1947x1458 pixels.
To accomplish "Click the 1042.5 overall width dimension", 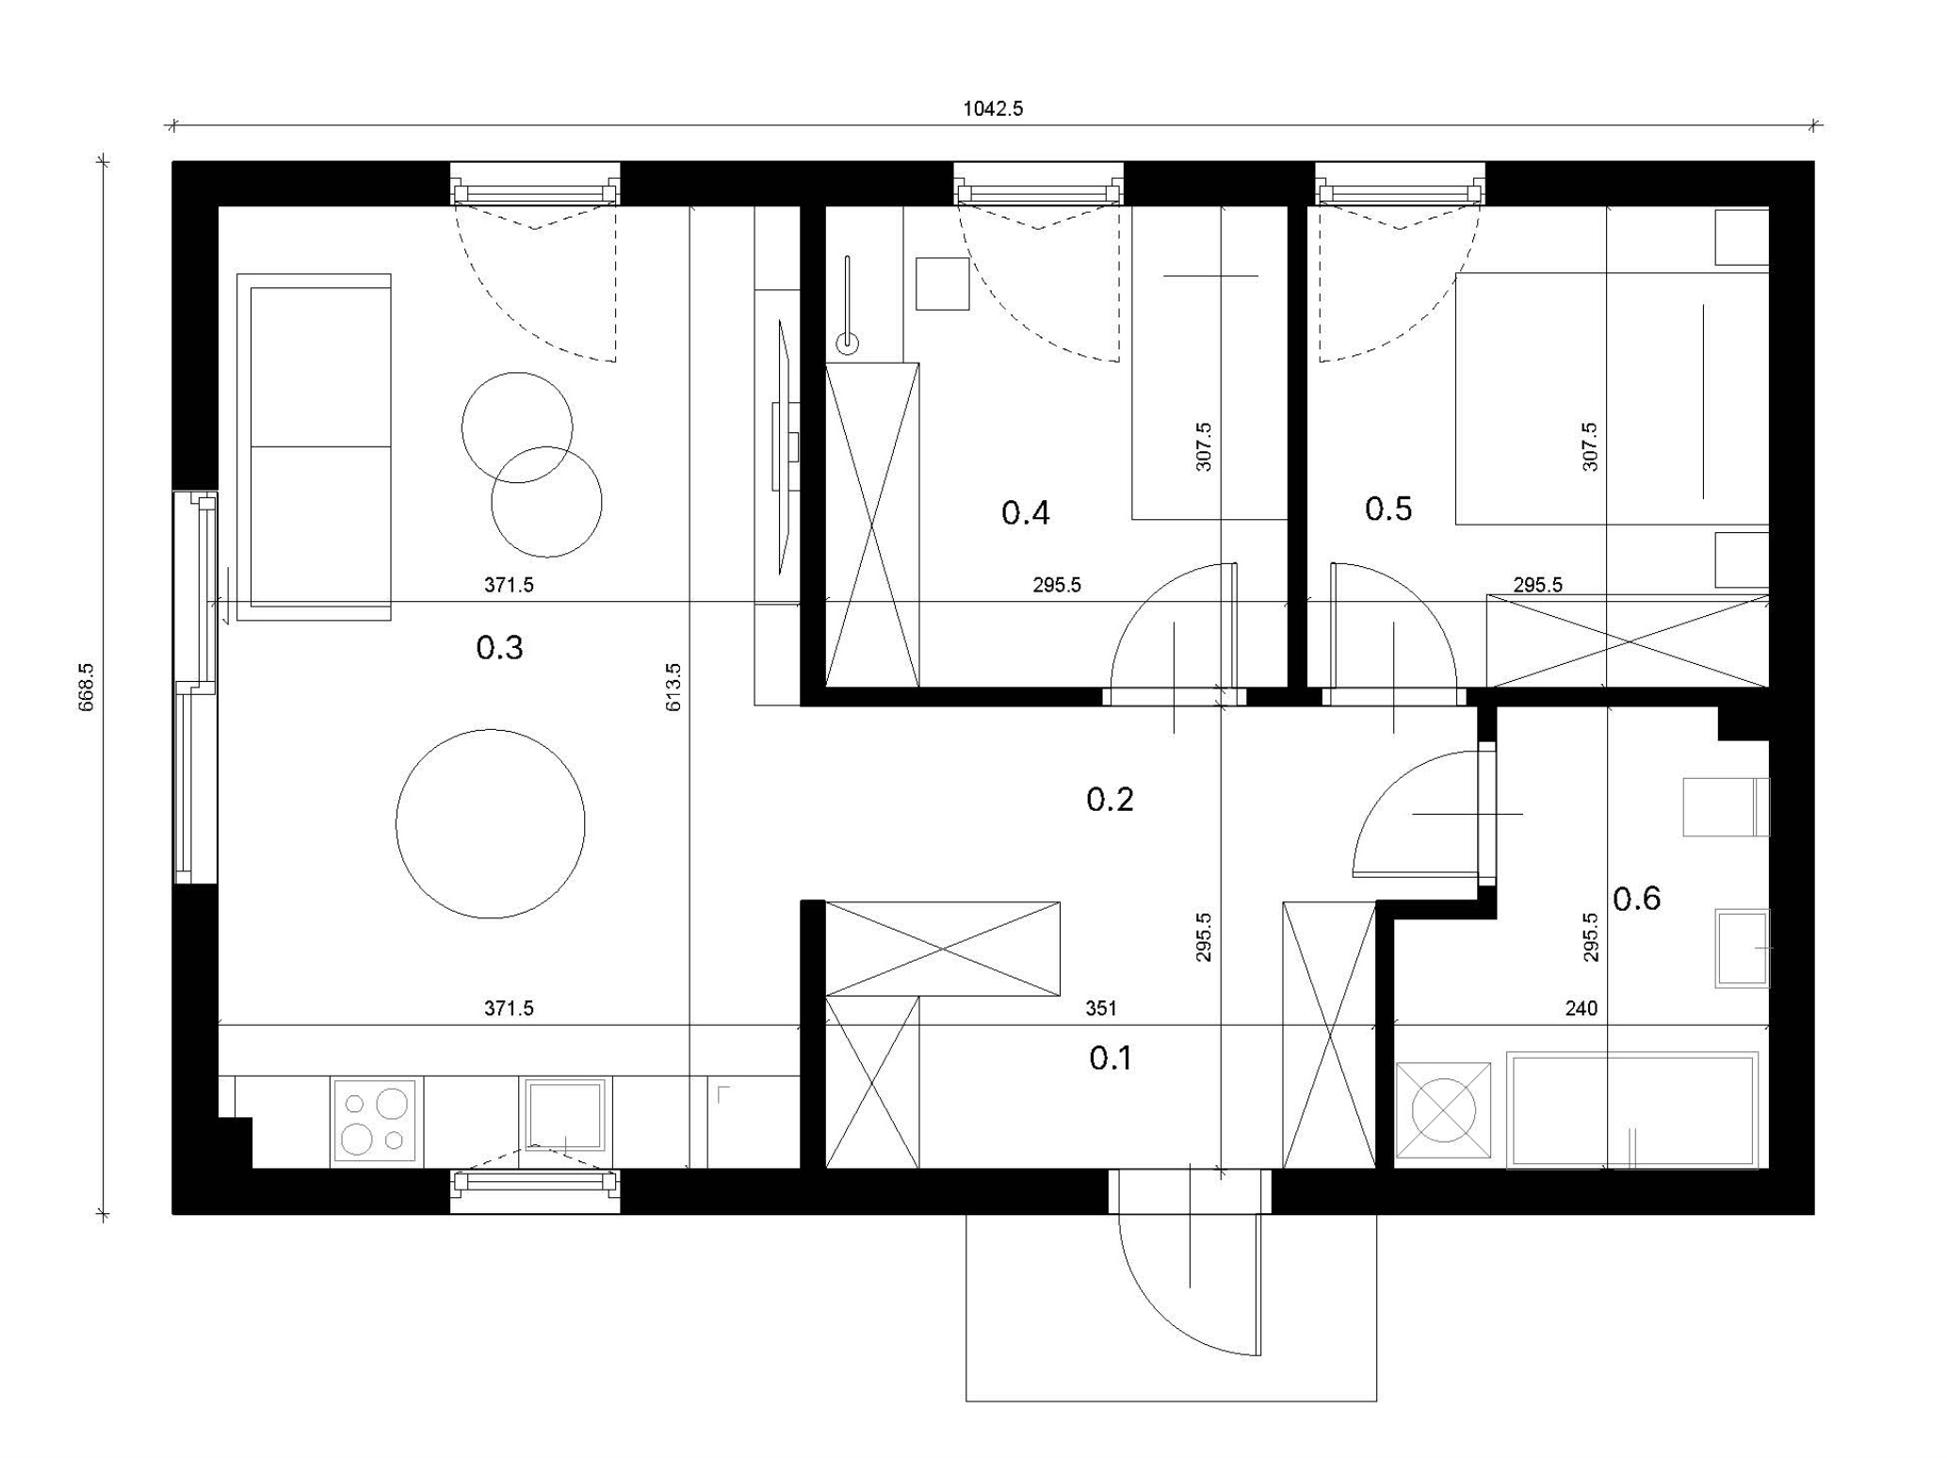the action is pyautogui.click(x=993, y=108).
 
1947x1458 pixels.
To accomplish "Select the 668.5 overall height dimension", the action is pyautogui.click(x=86, y=687).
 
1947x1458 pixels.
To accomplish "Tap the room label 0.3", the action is pyautogui.click(x=499, y=648).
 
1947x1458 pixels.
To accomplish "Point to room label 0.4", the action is pyautogui.click(x=1025, y=513).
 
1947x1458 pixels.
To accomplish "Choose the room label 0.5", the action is pyautogui.click(x=1388, y=510).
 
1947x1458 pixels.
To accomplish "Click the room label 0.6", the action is pyautogui.click(x=1637, y=899).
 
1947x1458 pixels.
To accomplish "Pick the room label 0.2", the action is pyautogui.click(x=1110, y=800).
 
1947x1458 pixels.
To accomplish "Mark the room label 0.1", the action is pyautogui.click(x=1111, y=1059).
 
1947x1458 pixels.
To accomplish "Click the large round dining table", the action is pyautogui.click(x=490, y=824).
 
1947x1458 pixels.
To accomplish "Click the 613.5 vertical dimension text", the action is pyautogui.click(x=673, y=687).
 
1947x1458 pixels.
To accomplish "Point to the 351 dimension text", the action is pyautogui.click(x=1101, y=1009).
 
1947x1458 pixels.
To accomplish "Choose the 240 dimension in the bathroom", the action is pyautogui.click(x=1582, y=1009).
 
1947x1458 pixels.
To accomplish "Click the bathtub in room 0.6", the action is pyautogui.click(x=1632, y=1110).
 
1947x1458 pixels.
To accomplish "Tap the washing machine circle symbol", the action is pyautogui.click(x=1443, y=1110).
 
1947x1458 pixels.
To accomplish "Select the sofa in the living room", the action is pyautogui.click(x=314, y=447).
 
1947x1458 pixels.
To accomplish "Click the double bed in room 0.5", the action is pyautogui.click(x=1612, y=398).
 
